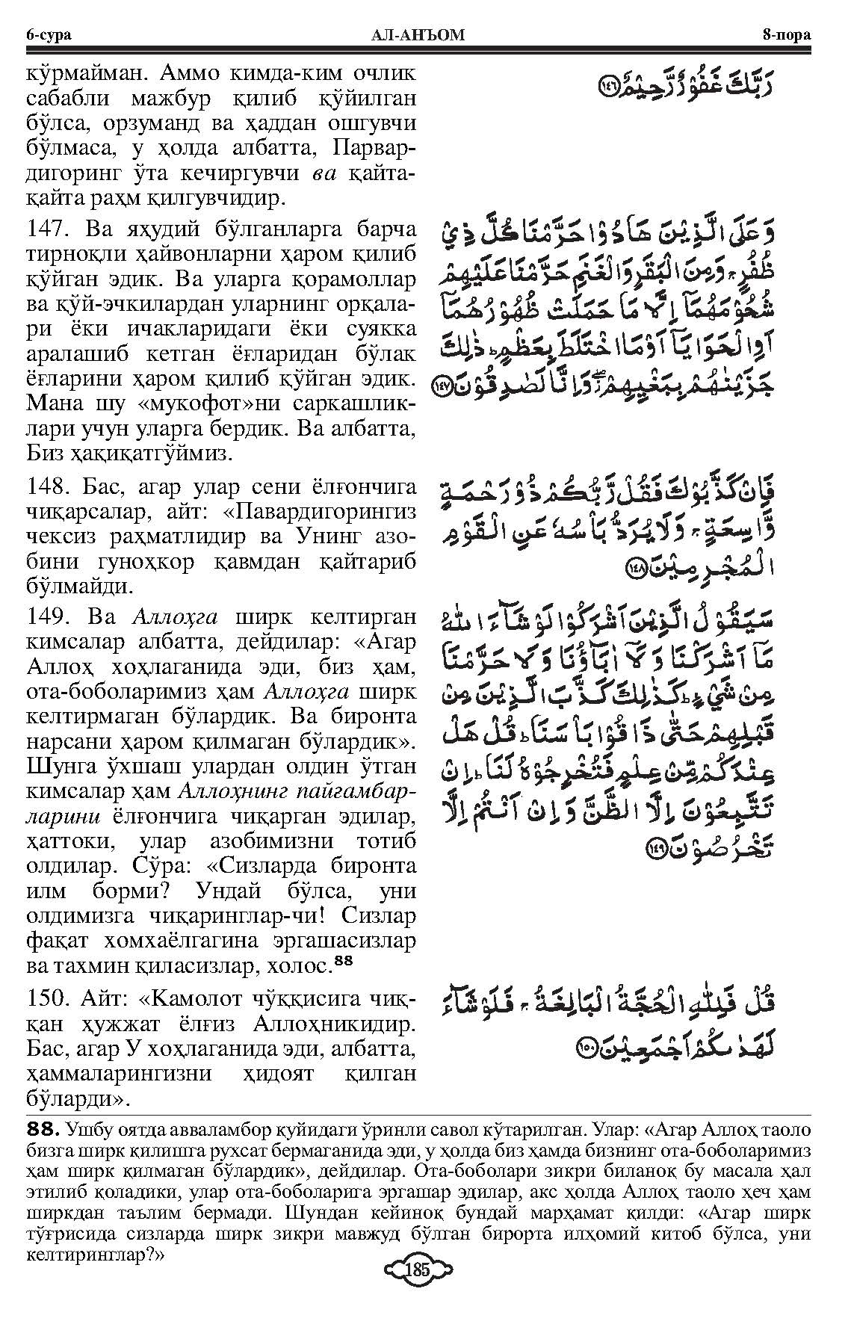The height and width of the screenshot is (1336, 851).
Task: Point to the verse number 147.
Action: (x=50, y=232)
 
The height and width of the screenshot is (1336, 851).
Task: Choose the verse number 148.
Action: (x=50, y=488)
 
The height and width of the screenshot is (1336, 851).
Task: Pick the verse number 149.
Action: (x=50, y=617)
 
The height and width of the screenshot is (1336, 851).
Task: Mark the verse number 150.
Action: (x=50, y=1000)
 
